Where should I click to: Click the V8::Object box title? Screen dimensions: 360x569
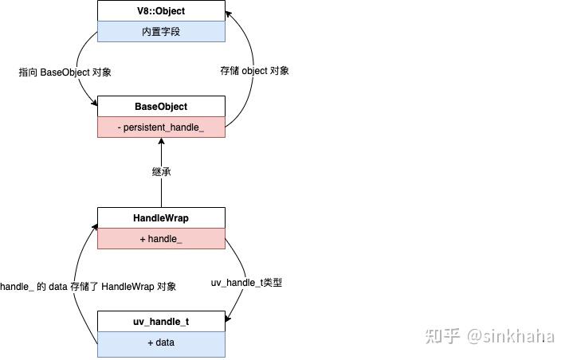coord(161,11)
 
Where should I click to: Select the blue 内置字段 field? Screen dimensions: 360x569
coord(161,32)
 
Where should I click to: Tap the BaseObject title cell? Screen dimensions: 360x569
coord(161,107)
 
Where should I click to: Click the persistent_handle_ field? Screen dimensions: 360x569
coord(161,127)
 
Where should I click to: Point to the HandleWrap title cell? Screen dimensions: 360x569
coord(161,218)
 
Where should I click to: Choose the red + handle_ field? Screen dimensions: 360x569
coord(161,239)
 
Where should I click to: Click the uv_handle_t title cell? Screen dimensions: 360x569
coord(161,322)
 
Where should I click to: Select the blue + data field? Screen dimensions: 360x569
coord(161,342)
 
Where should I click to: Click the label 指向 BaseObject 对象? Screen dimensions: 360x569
coord(65,72)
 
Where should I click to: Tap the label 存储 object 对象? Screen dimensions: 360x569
coord(254,71)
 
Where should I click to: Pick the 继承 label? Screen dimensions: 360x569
coord(162,172)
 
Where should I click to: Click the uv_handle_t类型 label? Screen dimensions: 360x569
coord(246,283)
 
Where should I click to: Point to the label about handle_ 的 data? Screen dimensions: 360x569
coord(88,287)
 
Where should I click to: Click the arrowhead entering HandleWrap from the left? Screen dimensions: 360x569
coord(93,226)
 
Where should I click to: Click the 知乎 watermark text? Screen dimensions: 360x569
coord(443,336)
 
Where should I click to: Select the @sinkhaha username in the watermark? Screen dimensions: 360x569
coord(510,336)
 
